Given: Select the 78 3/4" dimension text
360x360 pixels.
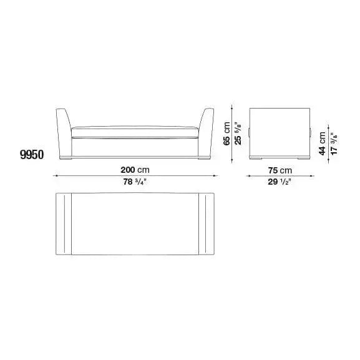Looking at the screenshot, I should coord(135,182).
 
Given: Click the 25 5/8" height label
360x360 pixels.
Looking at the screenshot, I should coord(238,133).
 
